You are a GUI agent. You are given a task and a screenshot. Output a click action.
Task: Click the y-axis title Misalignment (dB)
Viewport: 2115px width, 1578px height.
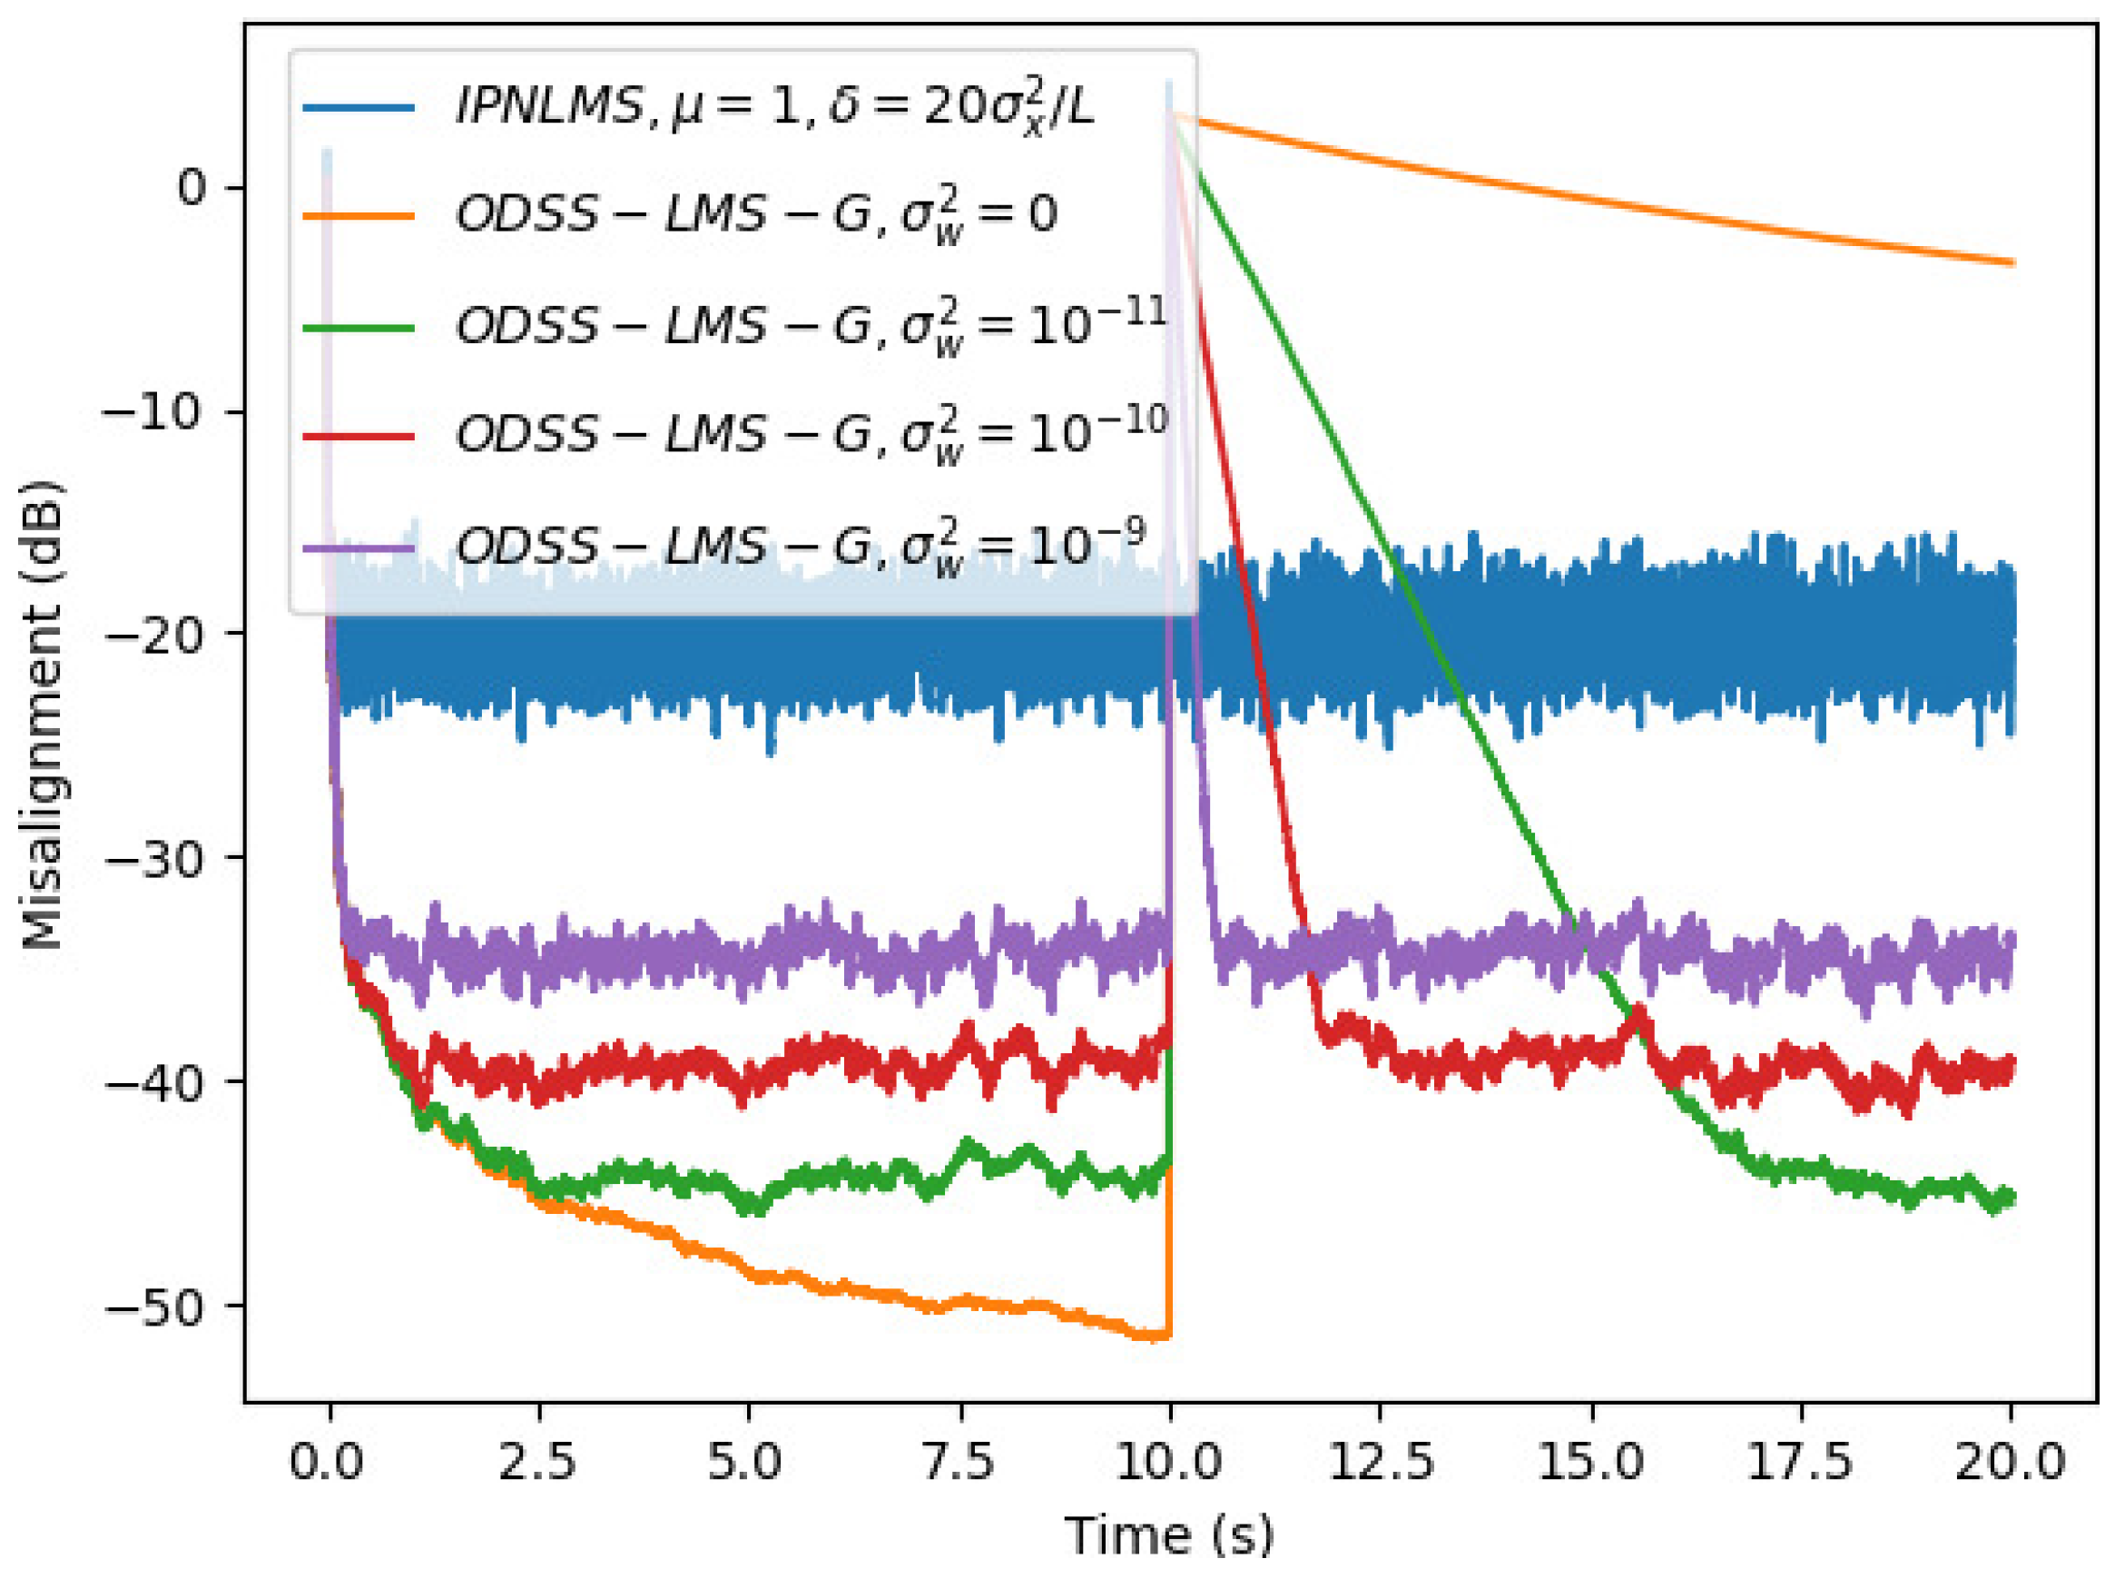(43, 715)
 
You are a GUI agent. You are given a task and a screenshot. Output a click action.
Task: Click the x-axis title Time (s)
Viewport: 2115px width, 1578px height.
(1169, 1535)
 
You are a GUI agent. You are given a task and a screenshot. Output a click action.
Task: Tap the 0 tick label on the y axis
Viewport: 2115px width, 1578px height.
(192, 187)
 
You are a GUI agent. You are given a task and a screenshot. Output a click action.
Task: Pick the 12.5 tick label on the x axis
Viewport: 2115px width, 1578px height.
(1381, 1461)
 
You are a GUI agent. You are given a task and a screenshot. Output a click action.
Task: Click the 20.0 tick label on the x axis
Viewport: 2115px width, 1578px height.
(2011, 1461)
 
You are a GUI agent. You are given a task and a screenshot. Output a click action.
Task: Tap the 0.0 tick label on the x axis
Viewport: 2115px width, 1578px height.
(327, 1461)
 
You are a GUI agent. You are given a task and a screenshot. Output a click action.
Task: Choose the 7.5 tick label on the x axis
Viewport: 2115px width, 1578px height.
(959, 1461)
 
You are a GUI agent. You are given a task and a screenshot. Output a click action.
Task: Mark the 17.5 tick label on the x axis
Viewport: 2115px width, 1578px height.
(1801, 1461)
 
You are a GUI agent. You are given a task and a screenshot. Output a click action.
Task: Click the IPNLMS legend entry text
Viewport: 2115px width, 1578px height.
(773, 105)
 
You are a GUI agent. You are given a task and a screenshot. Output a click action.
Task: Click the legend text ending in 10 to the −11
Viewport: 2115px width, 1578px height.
(812, 326)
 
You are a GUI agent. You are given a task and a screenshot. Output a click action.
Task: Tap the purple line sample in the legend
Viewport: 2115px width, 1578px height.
(358, 548)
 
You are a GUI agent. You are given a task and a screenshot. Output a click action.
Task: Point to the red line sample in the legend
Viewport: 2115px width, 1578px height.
(358, 437)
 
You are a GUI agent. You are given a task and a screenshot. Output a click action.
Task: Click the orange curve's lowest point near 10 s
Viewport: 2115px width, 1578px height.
(1157, 1336)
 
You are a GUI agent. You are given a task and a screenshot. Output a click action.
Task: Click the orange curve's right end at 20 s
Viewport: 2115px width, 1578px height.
(2012, 261)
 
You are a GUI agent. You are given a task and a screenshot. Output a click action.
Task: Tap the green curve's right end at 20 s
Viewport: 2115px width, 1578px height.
(2011, 1197)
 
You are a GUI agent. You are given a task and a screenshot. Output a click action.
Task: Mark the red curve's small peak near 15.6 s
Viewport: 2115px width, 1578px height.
(1639, 1011)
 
